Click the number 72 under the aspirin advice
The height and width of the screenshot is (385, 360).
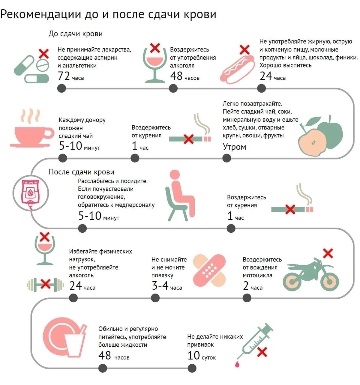[x=64, y=76]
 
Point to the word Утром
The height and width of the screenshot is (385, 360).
[x=234, y=147]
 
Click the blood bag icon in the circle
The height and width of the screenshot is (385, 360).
[x=30, y=192]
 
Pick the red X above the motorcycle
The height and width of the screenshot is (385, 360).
[x=328, y=254]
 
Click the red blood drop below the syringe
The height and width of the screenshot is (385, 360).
[x=238, y=364]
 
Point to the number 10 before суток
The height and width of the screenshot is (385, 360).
[x=193, y=356]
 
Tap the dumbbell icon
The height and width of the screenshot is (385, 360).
[x=45, y=285]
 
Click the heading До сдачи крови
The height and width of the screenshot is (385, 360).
[x=76, y=34]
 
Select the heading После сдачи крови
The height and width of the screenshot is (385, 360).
[x=82, y=172]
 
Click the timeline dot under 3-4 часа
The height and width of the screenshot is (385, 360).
[x=155, y=298]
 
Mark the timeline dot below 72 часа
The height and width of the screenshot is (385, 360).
[x=61, y=88]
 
